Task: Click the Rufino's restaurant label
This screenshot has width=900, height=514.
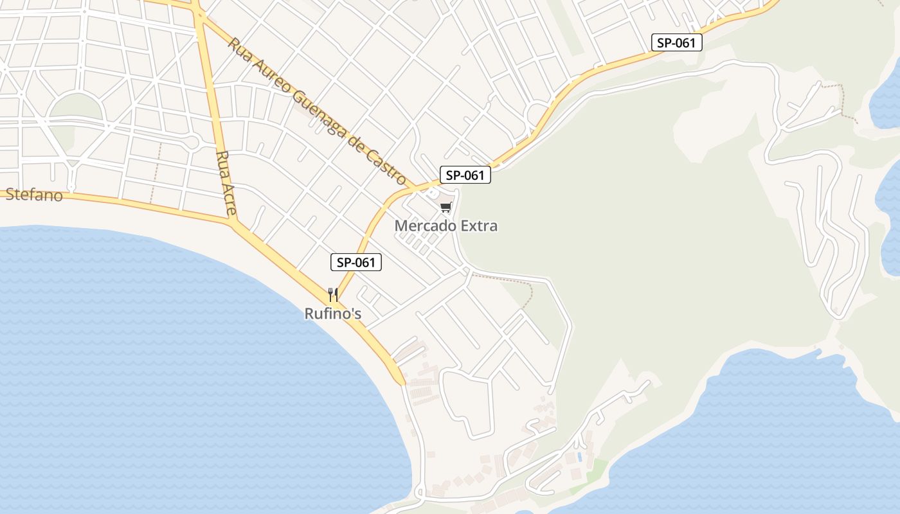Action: (x=333, y=314)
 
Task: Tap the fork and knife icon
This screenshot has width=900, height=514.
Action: (x=333, y=295)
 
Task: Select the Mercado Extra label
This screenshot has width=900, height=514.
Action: (x=446, y=226)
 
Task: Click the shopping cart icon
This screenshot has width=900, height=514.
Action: (x=446, y=207)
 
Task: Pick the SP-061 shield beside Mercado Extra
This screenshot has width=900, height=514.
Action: (x=465, y=175)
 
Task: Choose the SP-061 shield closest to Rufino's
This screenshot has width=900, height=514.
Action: (x=356, y=262)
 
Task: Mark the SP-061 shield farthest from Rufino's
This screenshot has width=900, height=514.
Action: (x=676, y=43)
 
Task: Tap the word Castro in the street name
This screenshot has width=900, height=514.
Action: (x=386, y=166)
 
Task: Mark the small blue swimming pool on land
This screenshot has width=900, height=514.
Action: (x=580, y=457)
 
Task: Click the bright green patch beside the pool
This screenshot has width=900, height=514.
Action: (x=598, y=468)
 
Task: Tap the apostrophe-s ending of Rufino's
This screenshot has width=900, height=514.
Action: (x=355, y=314)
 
